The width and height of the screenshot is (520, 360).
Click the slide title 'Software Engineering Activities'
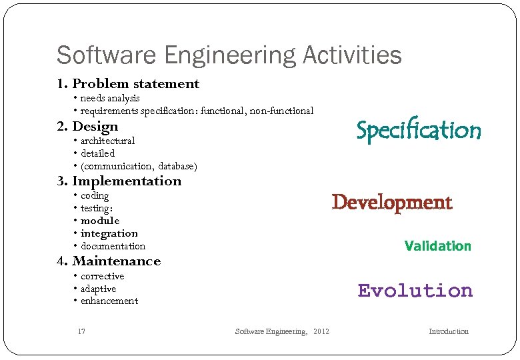(x=229, y=55)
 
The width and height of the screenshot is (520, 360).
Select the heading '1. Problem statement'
(x=128, y=84)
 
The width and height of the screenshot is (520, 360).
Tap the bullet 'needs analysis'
(x=110, y=99)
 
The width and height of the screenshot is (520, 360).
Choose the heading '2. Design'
(x=87, y=127)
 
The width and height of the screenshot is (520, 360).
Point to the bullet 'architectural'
(x=107, y=141)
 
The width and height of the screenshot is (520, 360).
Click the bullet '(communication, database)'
(x=139, y=166)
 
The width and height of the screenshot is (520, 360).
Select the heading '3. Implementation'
(x=119, y=181)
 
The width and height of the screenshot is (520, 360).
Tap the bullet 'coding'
(x=95, y=196)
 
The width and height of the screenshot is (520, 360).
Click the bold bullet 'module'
(x=100, y=221)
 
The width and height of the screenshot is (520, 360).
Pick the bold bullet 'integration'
(x=109, y=233)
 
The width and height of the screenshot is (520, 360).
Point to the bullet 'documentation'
(x=113, y=246)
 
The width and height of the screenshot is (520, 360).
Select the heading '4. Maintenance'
(x=109, y=261)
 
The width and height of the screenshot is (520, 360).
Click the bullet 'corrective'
(x=102, y=276)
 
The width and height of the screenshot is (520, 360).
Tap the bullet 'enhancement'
(x=109, y=301)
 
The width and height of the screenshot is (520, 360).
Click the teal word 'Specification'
(x=418, y=131)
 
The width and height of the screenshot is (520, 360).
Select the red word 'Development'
(x=392, y=203)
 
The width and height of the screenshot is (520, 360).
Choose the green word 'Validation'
(x=437, y=246)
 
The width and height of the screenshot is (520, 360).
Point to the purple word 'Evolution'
(x=415, y=291)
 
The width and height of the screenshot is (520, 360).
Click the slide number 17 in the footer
(x=81, y=331)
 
